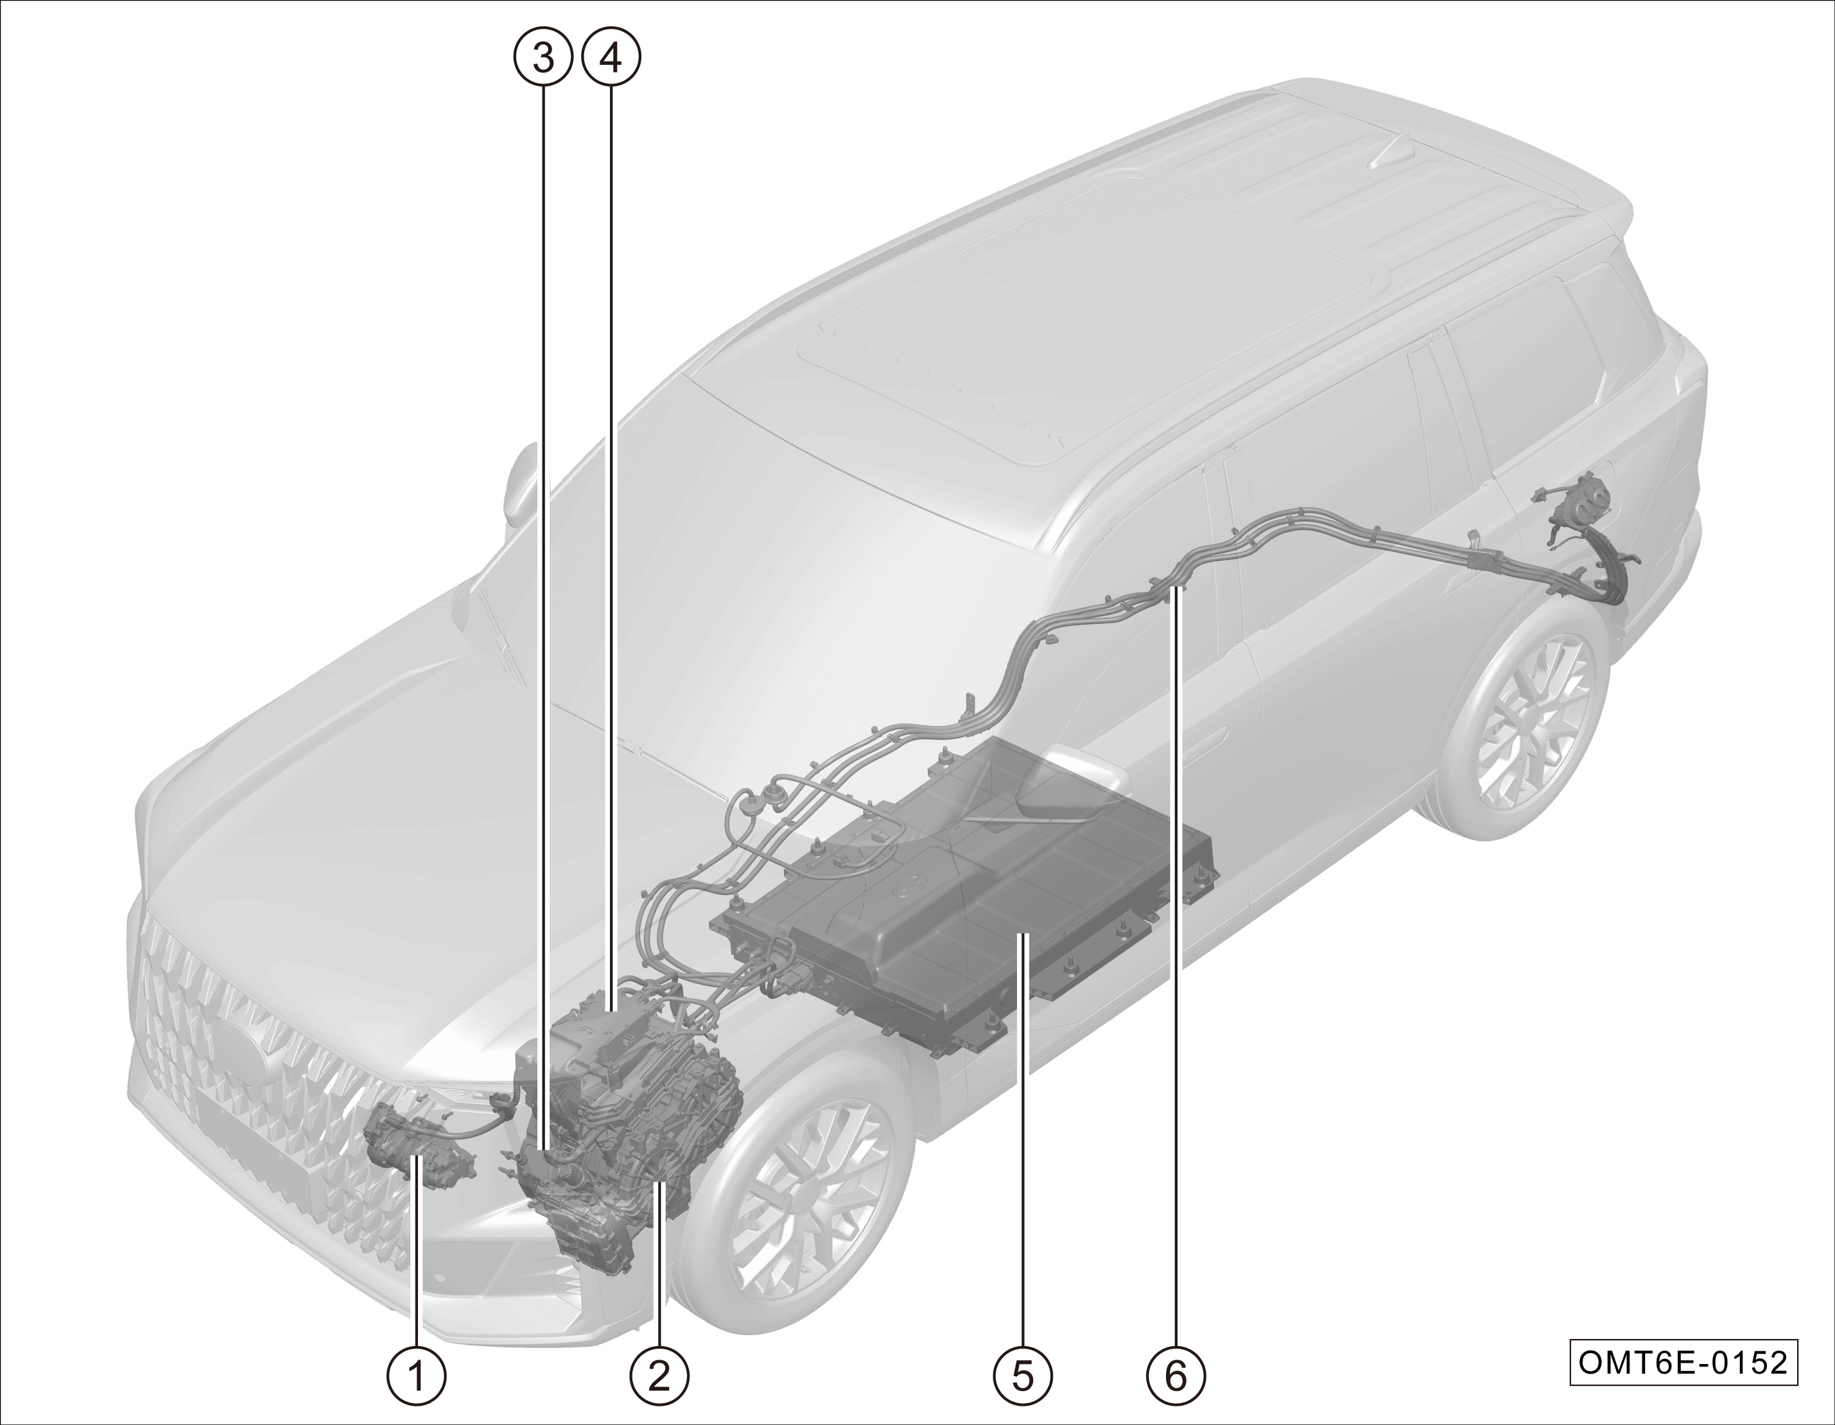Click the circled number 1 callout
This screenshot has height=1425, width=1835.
tap(417, 1376)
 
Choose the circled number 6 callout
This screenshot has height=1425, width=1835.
tap(1176, 1376)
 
